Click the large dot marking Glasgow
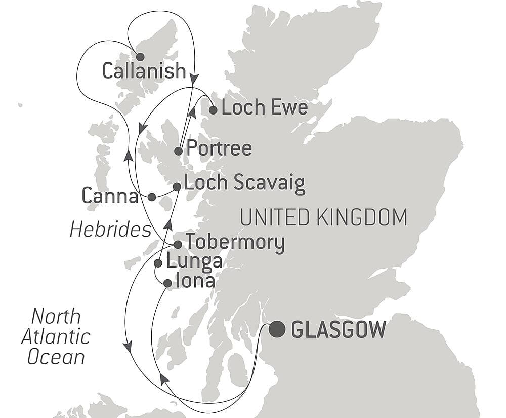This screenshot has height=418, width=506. [x=277, y=330]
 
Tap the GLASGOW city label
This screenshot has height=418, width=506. [x=339, y=330]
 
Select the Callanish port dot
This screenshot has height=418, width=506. [x=140, y=57]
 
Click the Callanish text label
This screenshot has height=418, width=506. [x=144, y=71]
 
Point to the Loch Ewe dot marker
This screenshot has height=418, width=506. [x=213, y=110]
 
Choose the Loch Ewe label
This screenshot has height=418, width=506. [x=265, y=108]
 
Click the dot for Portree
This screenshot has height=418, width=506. [x=179, y=151]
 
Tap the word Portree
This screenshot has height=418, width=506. [x=219, y=149]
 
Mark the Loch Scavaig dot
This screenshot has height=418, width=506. [x=177, y=187]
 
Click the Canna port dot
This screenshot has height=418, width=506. [x=151, y=197]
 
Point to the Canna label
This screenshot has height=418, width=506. [x=110, y=197]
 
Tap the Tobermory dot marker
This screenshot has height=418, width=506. [x=178, y=245]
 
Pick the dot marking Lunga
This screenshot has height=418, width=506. [x=158, y=263]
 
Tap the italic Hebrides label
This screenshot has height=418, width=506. [x=110, y=230]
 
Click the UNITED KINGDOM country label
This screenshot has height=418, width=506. [x=324, y=217]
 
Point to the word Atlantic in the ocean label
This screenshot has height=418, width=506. [x=56, y=337]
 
